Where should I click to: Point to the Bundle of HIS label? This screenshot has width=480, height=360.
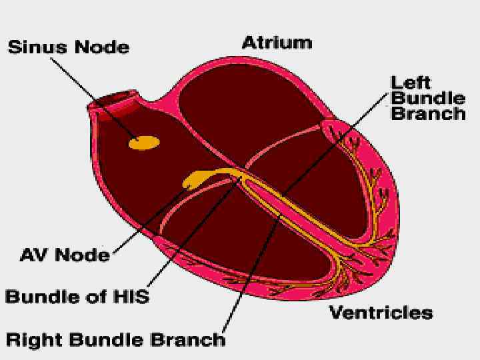click(x=77, y=296)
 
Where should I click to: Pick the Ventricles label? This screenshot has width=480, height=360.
click(x=381, y=312)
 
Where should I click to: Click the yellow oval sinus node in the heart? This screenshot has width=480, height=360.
click(x=145, y=142)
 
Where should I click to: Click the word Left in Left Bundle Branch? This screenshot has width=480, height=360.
click(x=410, y=83)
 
